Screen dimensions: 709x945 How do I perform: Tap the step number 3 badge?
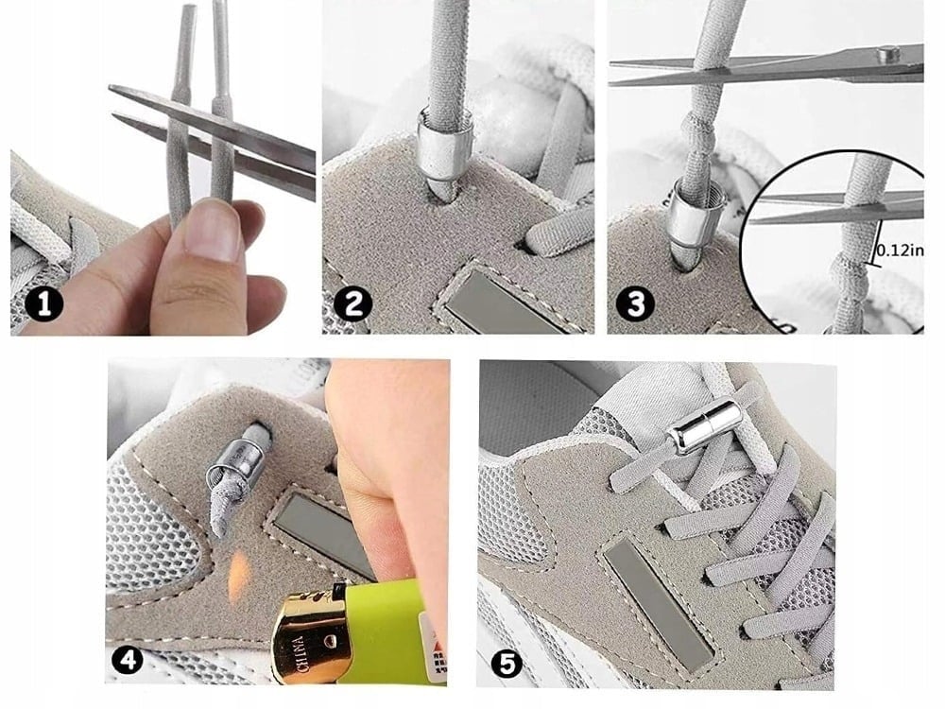point(634,305)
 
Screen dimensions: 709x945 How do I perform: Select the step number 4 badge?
point(127,658)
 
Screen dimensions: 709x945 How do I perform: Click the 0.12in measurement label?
point(899,251)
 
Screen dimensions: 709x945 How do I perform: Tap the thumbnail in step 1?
point(214,230)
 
